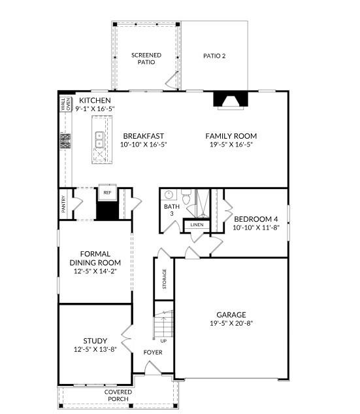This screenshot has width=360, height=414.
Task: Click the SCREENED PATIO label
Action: point(146,59)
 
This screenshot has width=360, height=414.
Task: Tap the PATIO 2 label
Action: point(214,56)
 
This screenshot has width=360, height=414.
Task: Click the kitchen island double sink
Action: point(100,139)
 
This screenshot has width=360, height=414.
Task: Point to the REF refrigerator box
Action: point(106,193)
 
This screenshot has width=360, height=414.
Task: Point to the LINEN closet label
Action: point(197,225)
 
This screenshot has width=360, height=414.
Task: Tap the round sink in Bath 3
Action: point(169,194)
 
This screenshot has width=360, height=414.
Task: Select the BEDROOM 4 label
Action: point(256,219)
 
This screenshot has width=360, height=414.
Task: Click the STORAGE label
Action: point(164,279)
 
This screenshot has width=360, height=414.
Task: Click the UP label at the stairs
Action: point(163,341)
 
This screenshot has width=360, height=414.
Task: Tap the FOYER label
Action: point(153,353)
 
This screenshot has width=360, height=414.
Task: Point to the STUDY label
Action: point(95,341)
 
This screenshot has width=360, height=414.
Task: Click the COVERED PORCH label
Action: point(99,395)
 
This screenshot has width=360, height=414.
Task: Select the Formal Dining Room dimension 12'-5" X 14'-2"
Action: point(95,271)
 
